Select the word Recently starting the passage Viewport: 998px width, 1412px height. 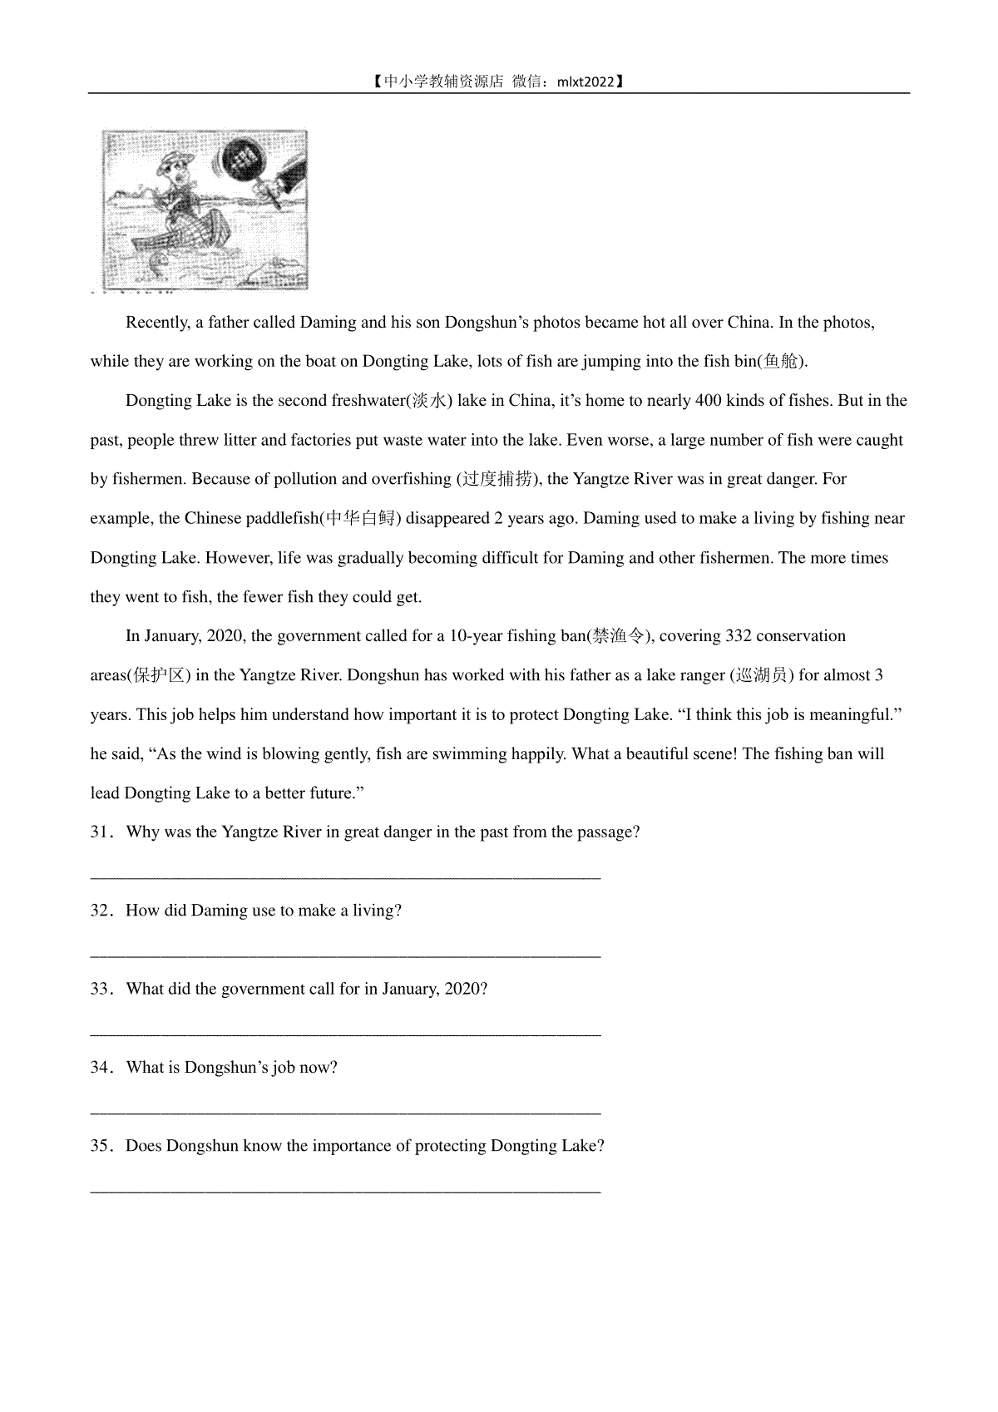click(x=157, y=323)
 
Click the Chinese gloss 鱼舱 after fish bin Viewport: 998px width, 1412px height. click(x=780, y=362)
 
